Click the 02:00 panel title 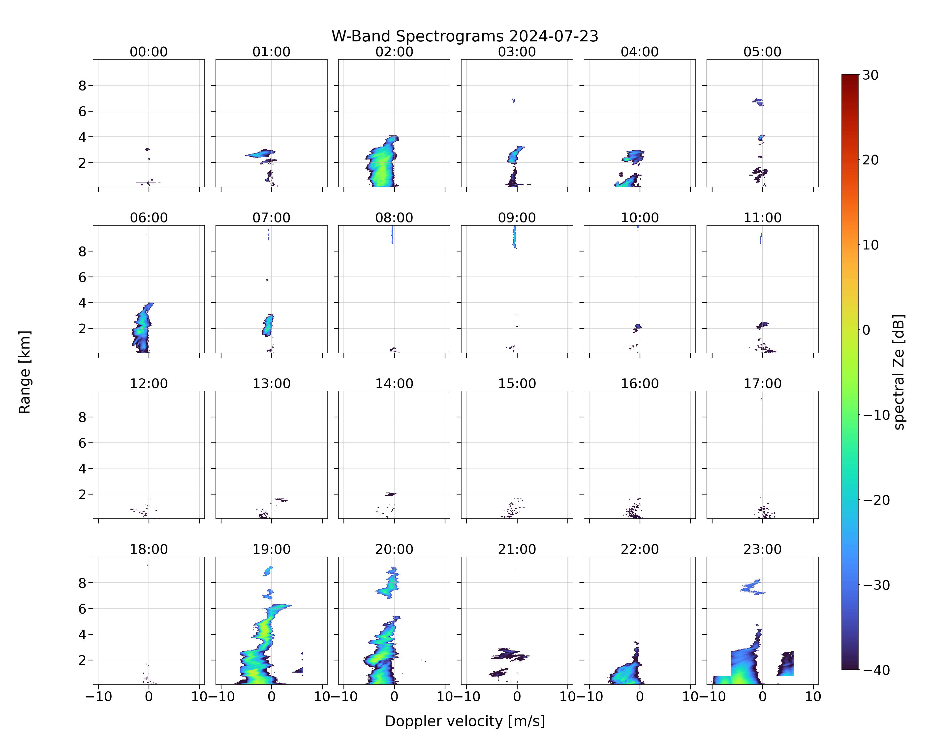(394, 52)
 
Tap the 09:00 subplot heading (517, 218)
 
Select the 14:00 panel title (394, 383)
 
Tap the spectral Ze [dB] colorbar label (899, 372)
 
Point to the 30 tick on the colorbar (870, 75)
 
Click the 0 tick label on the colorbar (867, 330)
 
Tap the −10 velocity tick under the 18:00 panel (98, 697)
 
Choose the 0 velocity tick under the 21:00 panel (517, 697)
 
